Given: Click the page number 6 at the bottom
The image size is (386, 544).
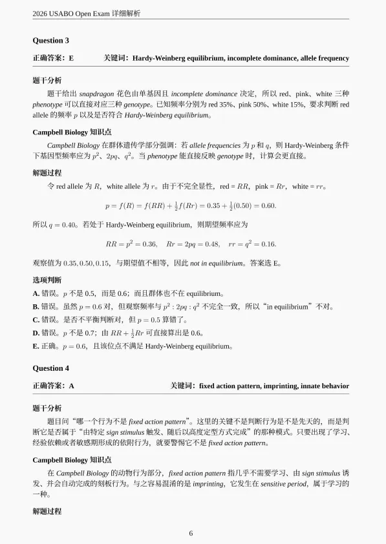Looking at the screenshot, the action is (x=191, y=533).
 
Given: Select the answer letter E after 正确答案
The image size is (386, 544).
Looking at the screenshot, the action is (x=71, y=58).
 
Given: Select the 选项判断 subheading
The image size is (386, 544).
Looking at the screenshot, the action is (x=47, y=280).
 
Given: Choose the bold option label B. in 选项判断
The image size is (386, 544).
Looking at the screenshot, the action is (x=36, y=306).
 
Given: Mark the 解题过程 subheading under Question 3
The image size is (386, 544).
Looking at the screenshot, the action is (x=47, y=173).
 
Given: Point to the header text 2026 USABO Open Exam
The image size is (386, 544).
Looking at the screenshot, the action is (x=67, y=13).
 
